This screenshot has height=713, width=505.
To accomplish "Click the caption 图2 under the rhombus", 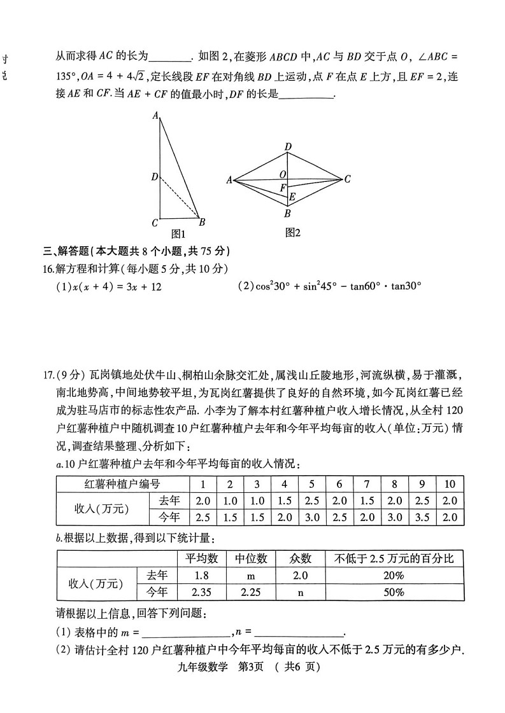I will point(292,233).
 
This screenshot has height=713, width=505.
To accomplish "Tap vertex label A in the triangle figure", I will point(155,116).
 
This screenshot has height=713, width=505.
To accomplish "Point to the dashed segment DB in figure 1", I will point(181,198).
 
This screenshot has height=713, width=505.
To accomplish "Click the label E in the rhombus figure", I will point(292,197).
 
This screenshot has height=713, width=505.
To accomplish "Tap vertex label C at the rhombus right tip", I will point(347,179).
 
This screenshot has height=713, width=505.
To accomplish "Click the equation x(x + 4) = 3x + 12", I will point(109,287).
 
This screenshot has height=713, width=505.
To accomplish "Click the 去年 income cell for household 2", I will point(230,501).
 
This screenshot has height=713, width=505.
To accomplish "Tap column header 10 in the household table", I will point(450,484).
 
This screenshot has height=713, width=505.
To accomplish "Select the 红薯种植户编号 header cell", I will point(122,484).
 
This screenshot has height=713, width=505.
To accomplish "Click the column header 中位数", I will point(251,558).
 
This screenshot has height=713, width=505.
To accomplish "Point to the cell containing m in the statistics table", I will point(251,576).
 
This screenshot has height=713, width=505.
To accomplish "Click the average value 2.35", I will point(202,592).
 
